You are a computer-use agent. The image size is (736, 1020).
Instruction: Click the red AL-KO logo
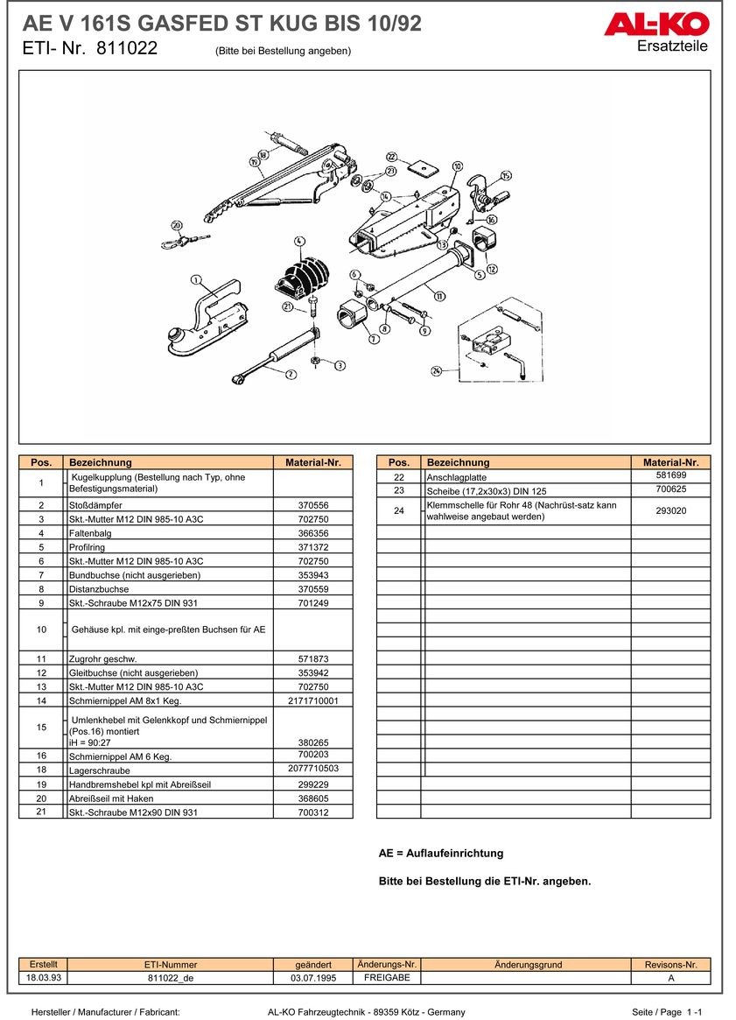(655, 25)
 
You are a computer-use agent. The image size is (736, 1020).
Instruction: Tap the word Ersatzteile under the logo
(672, 46)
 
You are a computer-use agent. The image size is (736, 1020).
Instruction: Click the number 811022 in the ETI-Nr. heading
(127, 49)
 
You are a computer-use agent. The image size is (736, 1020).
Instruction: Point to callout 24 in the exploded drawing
(436, 371)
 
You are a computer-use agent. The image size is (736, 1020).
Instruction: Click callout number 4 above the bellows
(299, 241)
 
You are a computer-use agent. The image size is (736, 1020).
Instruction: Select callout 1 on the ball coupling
(197, 281)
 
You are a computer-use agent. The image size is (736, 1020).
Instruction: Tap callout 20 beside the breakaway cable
(176, 225)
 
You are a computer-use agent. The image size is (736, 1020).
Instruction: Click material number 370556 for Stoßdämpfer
(312, 505)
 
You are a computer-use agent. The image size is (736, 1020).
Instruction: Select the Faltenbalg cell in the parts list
(86, 533)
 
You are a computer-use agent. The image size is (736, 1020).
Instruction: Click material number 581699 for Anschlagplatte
(670, 475)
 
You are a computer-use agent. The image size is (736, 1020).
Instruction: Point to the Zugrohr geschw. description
(102, 658)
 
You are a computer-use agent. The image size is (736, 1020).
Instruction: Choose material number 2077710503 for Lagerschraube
(312, 769)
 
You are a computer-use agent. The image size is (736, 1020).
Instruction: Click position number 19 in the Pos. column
(41, 784)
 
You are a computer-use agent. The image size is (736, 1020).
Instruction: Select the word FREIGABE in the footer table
(387, 978)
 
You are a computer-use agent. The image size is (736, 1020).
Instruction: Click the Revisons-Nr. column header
(670, 965)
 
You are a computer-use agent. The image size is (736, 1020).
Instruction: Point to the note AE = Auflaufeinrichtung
(440, 853)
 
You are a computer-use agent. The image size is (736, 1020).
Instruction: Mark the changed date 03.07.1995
(313, 978)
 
